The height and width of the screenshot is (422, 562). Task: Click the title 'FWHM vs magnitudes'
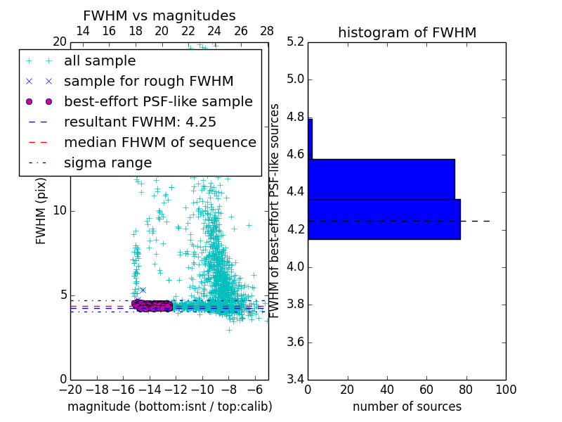tap(159, 16)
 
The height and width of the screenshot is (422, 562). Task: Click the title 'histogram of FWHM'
tap(407, 33)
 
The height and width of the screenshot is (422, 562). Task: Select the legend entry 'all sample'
tap(100, 61)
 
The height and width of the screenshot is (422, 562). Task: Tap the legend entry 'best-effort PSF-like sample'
tap(158, 102)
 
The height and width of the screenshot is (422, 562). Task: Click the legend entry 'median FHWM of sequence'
tap(159, 143)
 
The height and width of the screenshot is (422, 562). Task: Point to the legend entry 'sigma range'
tap(107, 163)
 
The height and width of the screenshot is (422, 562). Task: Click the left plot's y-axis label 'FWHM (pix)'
tap(41, 211)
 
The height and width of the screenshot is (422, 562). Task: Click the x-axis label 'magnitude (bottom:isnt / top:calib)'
tap(169, 407)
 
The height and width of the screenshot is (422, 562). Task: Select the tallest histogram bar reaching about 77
tap(384, 219)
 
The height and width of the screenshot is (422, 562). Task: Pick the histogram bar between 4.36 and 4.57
tap(381, 179)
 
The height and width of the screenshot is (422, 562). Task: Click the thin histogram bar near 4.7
tap(310, 139)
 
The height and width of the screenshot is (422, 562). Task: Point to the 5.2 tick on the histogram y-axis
tap(295, 41)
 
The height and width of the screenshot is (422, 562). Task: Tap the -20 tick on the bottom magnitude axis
tap(70, 390)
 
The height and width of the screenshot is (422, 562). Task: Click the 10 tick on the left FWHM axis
tap(60, 211)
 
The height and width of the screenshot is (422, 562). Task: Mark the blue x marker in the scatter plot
tap(143, 290)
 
